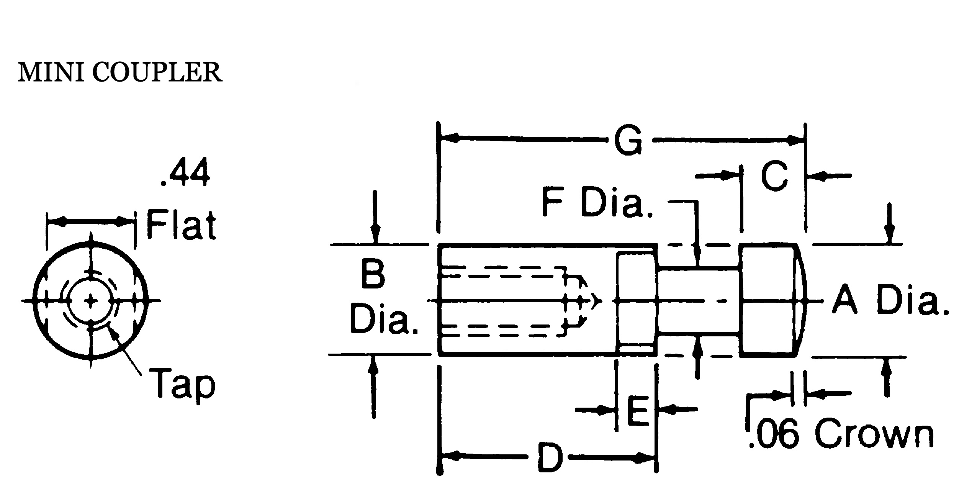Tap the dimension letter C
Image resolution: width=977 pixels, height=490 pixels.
(774, 176)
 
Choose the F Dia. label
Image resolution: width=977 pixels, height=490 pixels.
(598, 202)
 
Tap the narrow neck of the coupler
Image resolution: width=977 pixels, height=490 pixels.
(699, 301)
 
